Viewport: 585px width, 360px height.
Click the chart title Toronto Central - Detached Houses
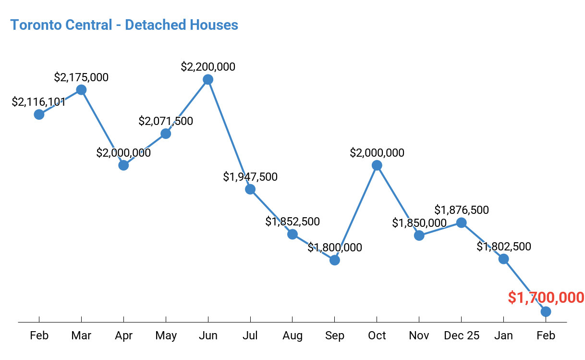(124, 25)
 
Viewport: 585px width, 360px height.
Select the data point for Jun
(208, 79)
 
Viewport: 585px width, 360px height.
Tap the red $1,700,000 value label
(546, 298)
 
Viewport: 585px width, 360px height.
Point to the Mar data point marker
(81, 90)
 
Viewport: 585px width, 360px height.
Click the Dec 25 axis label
(461, 335)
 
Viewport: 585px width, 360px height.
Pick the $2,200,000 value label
(208, 67)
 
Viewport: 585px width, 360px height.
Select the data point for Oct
(377, 165)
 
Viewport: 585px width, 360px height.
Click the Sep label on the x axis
(335, 335)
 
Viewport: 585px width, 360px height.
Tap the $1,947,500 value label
(250, 177)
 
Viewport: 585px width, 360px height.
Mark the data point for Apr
(123, 165)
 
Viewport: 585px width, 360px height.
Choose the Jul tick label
(250, 335)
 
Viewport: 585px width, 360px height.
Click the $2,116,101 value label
(39, 102)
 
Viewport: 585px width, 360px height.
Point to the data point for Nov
(419, 236)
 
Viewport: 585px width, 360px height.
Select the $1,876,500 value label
(462, 210)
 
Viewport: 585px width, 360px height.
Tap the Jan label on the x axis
(503, 335)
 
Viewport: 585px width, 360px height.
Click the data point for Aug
(292, 234)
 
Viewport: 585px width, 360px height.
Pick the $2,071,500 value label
(166, 121)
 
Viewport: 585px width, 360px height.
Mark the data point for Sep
(335, 260)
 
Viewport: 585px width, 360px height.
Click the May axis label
(166, 335)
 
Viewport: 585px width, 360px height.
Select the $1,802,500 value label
(504, 247)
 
